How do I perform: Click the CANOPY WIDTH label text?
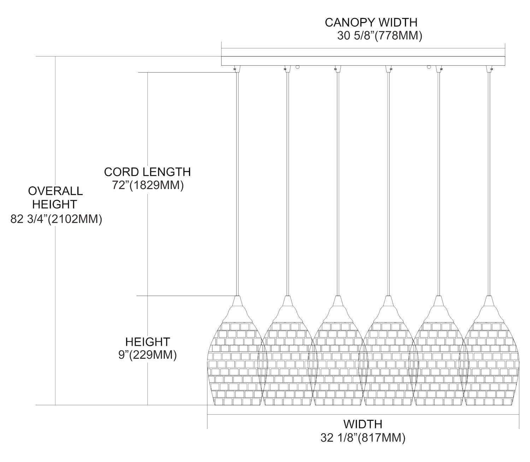coord(371,22)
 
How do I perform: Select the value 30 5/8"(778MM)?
coord(379,36)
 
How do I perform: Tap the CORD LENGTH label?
coord(147,172)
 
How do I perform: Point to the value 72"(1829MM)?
coord(148,185)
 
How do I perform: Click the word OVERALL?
coord(55,191)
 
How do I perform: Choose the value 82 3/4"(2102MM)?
coord(56,219)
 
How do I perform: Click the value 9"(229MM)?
coord(148,355)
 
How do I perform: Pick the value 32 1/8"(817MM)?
coord(363,438)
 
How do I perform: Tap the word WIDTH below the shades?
coord(363,424)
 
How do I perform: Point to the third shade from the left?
coord(338,364)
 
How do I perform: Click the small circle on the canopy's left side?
coord(298,66)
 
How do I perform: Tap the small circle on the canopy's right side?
coord(429,66)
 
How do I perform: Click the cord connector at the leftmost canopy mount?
coord(235,68)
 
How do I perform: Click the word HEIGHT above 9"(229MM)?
coord(148,342)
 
